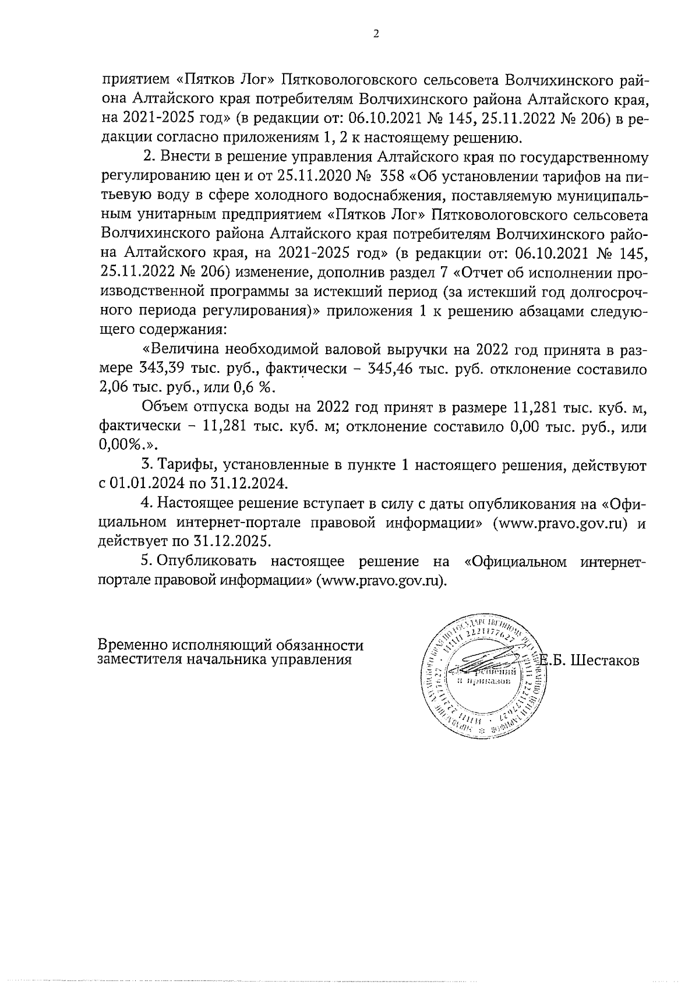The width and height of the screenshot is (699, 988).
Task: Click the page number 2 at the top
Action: point(375,34)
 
